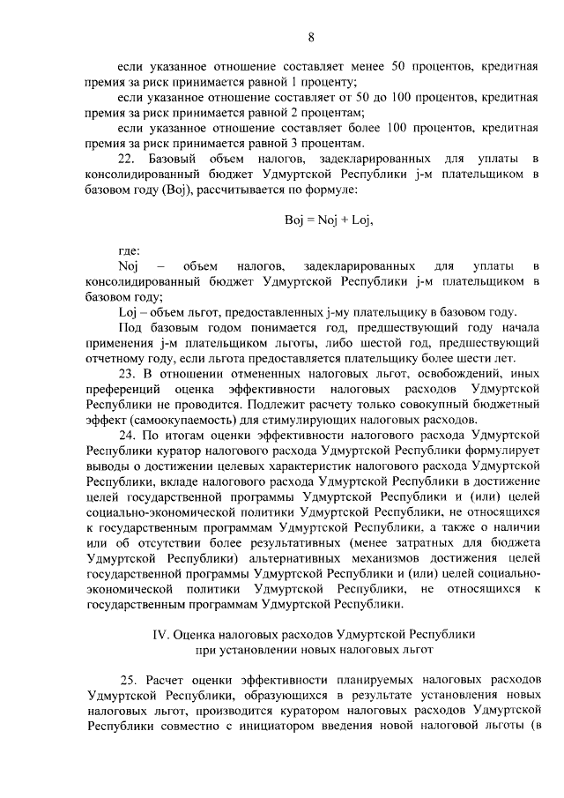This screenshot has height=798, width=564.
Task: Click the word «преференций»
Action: (x=126, y=388)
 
